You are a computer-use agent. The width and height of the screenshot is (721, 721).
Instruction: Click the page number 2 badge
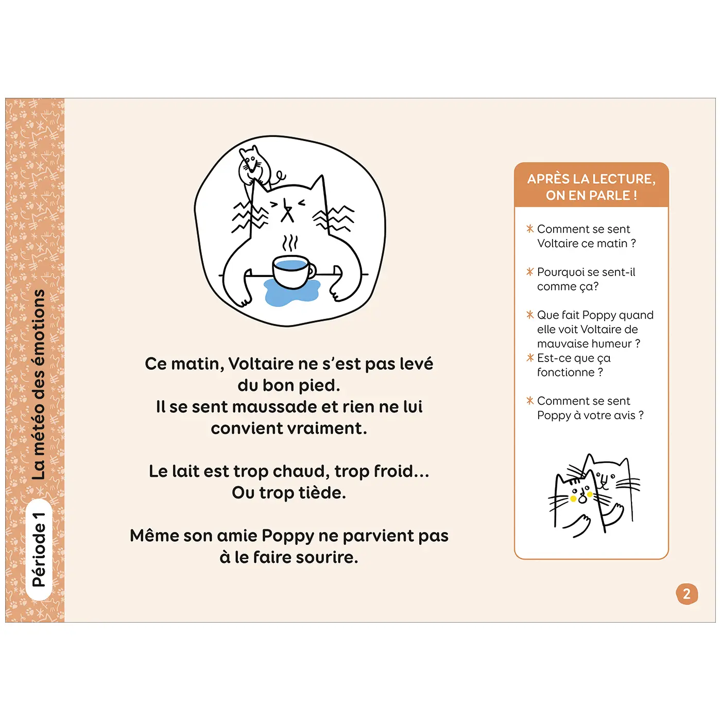pos(686,594)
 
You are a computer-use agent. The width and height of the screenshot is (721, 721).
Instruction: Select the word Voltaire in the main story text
pos(261,364)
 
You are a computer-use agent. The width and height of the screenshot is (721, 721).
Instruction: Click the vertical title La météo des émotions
pos(39,385)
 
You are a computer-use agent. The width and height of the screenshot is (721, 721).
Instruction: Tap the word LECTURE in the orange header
pos(623,179)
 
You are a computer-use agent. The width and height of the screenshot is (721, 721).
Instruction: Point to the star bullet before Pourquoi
pos(529,271)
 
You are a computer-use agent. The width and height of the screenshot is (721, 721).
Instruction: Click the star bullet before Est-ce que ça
pos(529,357)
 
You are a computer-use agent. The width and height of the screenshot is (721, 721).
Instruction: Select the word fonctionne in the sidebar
pos(565,372)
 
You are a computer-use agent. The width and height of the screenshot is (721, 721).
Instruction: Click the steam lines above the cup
pos(291,243)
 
